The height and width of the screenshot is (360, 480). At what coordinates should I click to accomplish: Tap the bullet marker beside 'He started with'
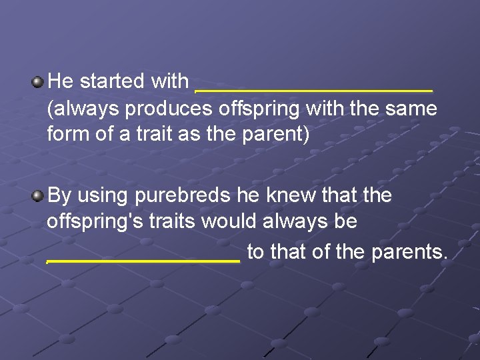point(38,82)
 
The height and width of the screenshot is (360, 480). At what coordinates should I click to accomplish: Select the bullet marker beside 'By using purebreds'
point(38,196)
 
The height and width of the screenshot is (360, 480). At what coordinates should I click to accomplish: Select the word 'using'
point(103,196)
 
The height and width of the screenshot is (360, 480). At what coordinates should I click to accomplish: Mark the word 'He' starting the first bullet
point(60,81)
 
